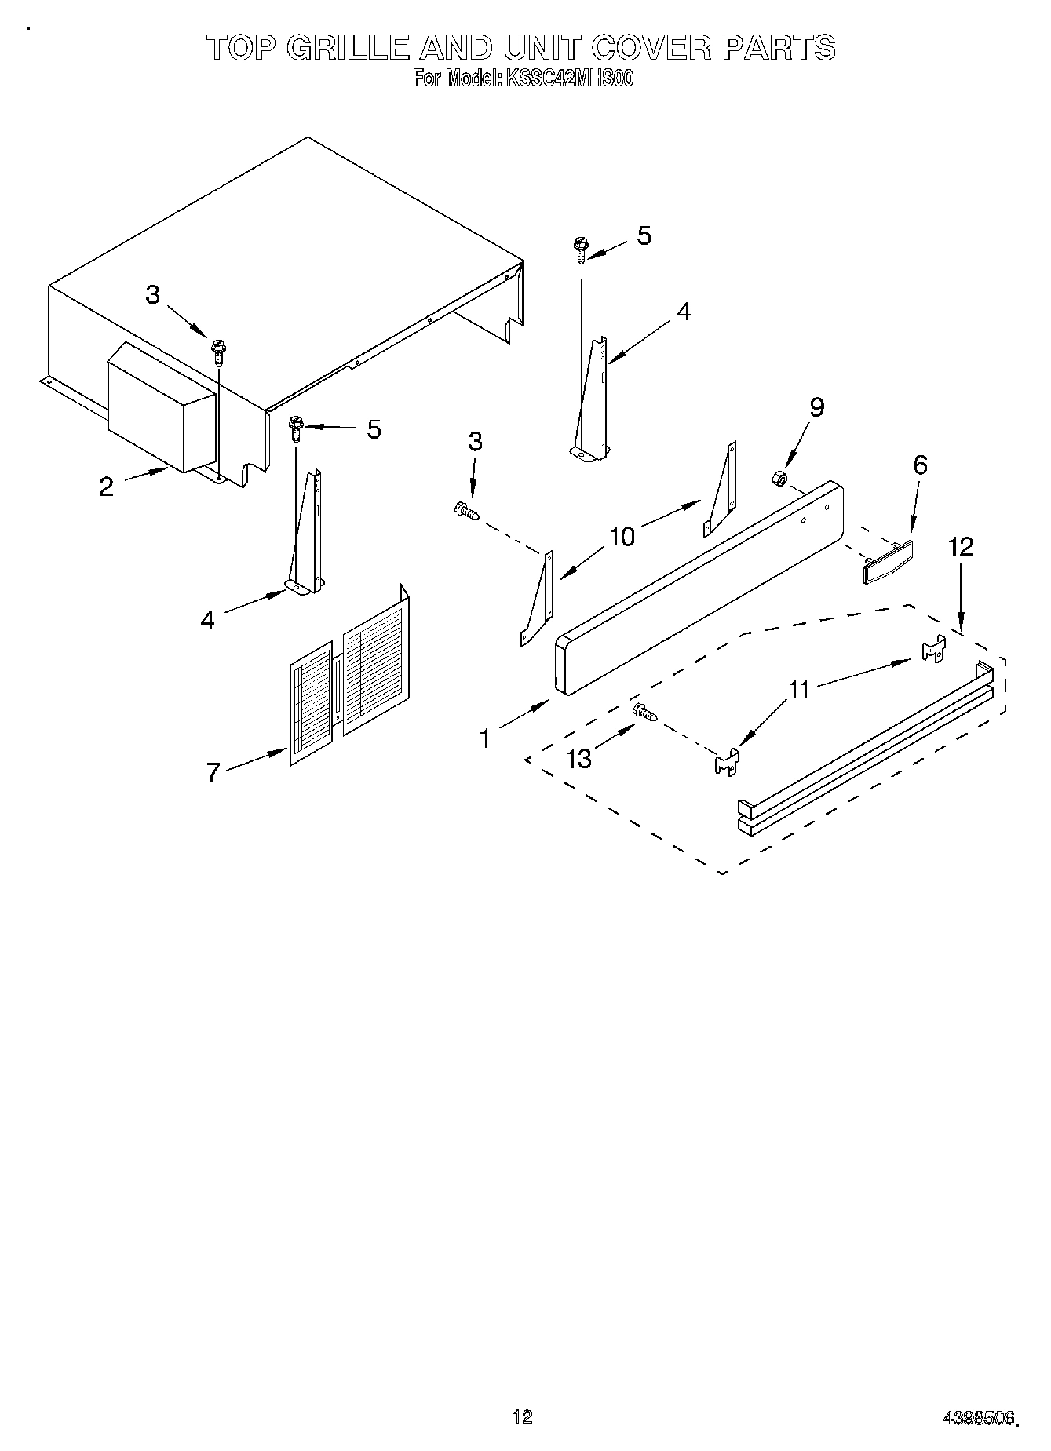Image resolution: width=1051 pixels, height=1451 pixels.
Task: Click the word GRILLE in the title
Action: point(349,48)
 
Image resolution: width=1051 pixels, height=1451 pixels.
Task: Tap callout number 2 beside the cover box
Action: point(106,487)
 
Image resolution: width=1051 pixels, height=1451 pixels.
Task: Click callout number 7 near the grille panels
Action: point(213,771)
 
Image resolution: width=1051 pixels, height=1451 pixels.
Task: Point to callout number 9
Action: point(817,407)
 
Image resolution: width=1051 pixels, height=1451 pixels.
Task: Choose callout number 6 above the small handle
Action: point(920,465)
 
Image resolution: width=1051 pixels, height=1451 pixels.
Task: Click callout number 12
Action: point(961,546)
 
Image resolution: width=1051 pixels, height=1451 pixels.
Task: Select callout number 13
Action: point(579,758)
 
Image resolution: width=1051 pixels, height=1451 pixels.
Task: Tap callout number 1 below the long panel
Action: point(485,738)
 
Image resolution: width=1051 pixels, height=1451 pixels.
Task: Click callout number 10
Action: point(622,537)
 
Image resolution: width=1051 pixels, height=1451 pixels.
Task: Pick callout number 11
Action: point(798,690)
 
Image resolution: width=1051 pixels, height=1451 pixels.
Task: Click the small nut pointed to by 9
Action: point(779,477)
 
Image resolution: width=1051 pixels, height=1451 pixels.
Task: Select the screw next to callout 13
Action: point(644,712)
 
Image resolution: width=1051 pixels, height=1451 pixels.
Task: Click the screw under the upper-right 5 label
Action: point(580,250)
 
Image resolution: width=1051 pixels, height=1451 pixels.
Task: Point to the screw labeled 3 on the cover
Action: point(218,350)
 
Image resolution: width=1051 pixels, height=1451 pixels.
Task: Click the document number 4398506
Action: point(979,1416)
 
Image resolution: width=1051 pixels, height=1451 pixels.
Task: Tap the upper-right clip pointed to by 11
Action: point(932,648)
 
